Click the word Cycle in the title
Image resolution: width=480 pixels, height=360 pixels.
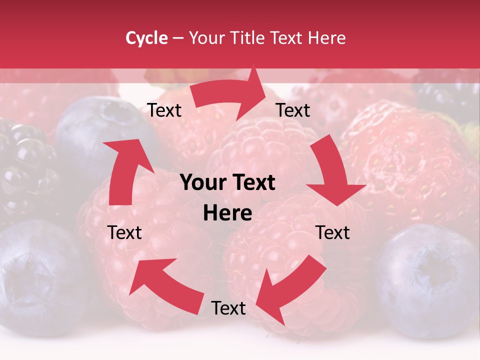coord(146,38)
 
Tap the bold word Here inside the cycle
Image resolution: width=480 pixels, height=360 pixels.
coord(227,213)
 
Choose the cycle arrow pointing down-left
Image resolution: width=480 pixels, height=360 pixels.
coord(289,287)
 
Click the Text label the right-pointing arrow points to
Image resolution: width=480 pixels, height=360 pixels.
coord(293,110)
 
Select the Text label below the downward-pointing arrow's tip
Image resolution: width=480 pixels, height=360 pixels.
coord(333,232)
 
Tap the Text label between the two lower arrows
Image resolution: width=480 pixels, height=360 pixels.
coord(228,308)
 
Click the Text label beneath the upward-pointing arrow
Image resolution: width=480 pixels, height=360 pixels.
coord(125,232)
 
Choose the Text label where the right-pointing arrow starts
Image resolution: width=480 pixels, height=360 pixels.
coord(164,110)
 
